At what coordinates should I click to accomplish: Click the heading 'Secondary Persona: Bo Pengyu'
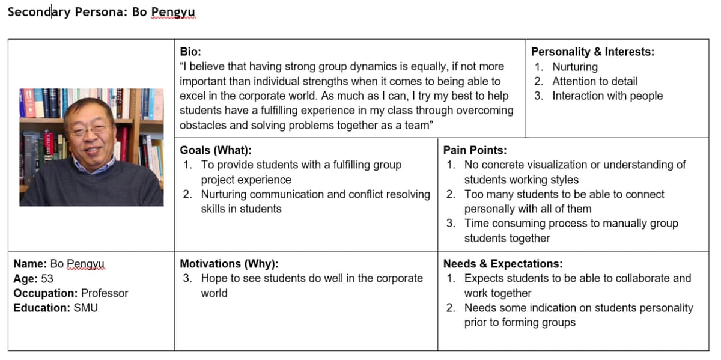pyautogui.click(x=101, y=12)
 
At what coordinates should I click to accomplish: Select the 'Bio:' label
pyautogui.click(x=191, y=52)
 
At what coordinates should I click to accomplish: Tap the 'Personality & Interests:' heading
pyautogui.click(x=592, y=52)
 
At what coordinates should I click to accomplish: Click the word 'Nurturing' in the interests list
pyautogui.click(x=575, y=67)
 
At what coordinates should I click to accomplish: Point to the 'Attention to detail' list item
pyautogui.click(x=595, y=81)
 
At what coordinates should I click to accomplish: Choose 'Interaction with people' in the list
pyautogui.click(x=607, y=96)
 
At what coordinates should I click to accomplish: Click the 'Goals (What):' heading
pyautogui.click(x=216, y=150)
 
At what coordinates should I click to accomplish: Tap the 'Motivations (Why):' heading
pyautogui.click(x=229, y=264)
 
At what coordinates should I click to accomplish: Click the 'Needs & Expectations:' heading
pyautogui.click(x=503, y=264)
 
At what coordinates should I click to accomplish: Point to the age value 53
pyautogui.click(x=47, y=279)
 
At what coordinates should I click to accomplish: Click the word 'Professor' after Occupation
pyautogui.click(x=105, y=293)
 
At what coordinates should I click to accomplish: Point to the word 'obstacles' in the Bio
pyautogui.click(x=204, y=125)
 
